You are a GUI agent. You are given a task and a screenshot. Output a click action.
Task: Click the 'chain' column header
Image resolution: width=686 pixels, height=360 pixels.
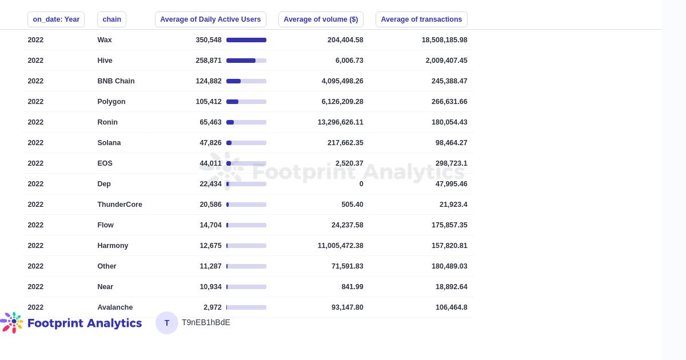(111, 19)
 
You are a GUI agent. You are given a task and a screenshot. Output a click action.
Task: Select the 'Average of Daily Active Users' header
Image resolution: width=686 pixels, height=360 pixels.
(210, 19)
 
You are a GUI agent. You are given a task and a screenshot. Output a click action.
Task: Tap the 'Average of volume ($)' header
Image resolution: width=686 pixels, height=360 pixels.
(321, 19)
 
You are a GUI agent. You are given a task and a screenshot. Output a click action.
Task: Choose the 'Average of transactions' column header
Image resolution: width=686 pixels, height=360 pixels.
(421, 19)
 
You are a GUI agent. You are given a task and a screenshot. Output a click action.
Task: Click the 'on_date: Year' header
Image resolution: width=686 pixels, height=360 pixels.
(56, 19)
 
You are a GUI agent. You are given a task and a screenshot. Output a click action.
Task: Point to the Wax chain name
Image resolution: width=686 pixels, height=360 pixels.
(105, 40)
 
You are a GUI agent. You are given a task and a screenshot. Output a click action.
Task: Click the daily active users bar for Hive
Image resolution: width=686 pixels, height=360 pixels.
(246, 61)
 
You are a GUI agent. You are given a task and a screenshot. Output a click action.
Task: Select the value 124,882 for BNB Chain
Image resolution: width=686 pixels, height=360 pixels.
(209, 81)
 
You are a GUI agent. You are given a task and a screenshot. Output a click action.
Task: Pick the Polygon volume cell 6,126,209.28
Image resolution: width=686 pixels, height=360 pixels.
(342, 102)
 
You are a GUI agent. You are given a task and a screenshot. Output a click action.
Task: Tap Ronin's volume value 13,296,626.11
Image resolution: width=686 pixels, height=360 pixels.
(340, 122)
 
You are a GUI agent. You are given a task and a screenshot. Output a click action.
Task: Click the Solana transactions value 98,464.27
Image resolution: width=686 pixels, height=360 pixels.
(451, 143)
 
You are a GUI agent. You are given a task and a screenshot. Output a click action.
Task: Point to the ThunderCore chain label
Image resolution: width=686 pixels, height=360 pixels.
(119, 205)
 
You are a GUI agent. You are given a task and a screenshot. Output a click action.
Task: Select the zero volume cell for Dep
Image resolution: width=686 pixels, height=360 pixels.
(361, 184)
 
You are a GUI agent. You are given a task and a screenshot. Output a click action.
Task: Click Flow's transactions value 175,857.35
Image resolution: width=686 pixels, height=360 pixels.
(449, 225)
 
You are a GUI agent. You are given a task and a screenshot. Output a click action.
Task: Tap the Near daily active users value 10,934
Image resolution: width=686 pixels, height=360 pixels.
(210, 287)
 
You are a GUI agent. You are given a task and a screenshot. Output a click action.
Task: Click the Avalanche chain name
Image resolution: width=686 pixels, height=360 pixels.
(115, 307)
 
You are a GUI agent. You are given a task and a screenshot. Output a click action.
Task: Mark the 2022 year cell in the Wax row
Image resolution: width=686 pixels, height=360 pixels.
(35, 40)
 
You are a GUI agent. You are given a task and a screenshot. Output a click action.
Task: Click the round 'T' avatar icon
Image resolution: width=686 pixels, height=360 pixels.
(167, 323)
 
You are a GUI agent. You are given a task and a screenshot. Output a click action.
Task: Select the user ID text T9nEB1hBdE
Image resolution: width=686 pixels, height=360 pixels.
(206, 323)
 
